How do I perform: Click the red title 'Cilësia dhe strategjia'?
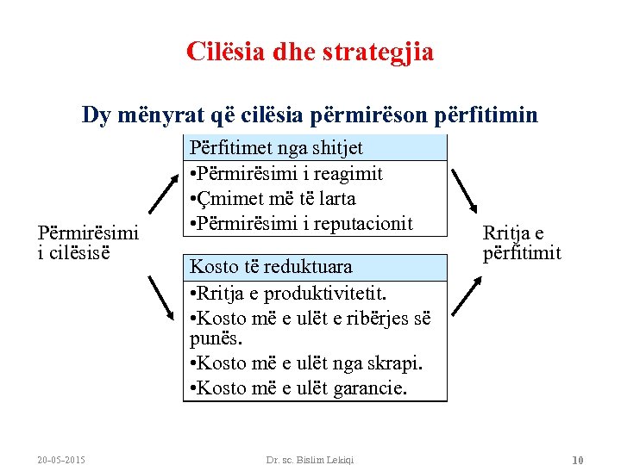310,53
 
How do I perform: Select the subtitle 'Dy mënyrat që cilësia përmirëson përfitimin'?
310,115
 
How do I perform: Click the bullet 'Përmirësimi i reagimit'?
285,173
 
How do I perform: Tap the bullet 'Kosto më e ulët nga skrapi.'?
305,363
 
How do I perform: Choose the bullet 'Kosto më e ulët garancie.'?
298,388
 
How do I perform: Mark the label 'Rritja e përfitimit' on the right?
522,243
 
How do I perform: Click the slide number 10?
578,459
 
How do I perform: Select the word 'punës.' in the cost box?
213,338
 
